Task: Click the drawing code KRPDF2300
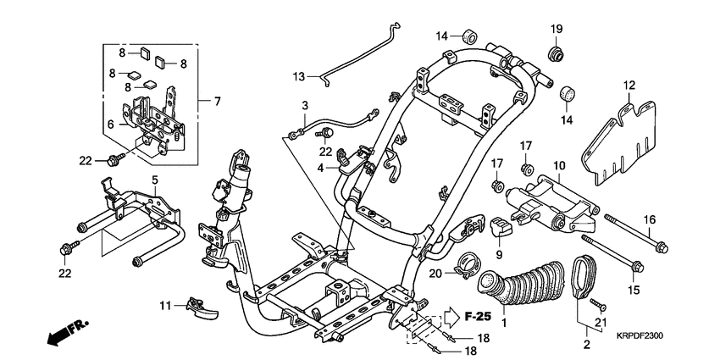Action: [634, 335]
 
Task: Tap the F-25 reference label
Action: [479, 317]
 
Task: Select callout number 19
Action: [557, 30]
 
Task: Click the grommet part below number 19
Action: [557, 55]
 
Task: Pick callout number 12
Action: [629, 85]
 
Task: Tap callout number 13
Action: [298, 77]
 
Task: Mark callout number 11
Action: [167, 304]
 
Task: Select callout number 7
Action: [216, 102]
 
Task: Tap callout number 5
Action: [155, 180]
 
